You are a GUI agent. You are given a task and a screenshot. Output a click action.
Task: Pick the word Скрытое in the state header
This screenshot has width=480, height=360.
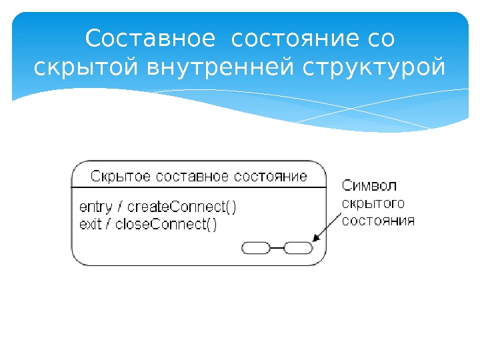point(119,177)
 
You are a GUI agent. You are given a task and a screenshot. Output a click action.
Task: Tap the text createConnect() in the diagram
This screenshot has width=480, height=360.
point(181,207)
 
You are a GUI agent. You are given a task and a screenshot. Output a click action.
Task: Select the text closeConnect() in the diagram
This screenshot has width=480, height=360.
point(166,224)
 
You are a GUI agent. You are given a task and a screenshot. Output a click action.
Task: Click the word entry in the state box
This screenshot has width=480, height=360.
point(94,207)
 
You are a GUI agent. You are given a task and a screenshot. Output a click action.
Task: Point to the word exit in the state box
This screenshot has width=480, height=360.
point(90,224)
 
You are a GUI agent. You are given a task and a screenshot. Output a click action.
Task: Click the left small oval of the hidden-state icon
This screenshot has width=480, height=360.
point(256,249)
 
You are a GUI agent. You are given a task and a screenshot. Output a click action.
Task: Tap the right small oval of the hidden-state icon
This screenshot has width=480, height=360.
point(298,249)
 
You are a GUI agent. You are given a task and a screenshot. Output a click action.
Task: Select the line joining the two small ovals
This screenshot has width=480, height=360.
point(277,249)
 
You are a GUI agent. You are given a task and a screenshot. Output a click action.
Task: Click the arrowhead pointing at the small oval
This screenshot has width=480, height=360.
point(315,238)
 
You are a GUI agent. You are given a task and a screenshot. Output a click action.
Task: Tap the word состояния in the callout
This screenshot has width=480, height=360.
point(378,221)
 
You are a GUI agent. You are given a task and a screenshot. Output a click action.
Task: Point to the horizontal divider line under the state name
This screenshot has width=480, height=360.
point(200,187)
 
